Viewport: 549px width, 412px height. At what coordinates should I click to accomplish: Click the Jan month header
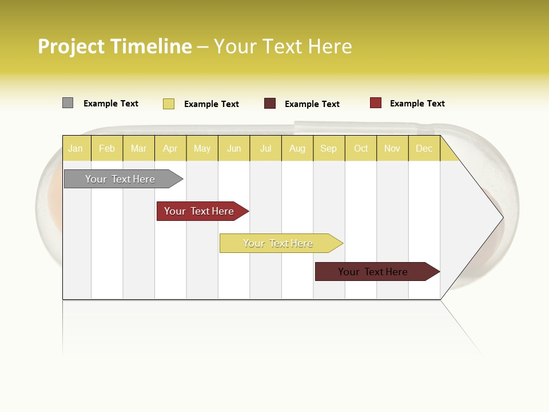point(75,149)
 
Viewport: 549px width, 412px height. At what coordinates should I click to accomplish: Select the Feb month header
point(107,149)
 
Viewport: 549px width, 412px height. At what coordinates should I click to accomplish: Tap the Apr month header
point(170,149)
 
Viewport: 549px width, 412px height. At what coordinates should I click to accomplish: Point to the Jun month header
point(234,149)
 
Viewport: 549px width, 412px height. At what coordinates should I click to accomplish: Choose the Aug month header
point(297,149)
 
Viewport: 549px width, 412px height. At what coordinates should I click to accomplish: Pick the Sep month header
point(328,149)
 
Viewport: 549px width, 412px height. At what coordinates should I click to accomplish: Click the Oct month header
point(361,149)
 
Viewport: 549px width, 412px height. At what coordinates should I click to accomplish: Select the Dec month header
point(424,149)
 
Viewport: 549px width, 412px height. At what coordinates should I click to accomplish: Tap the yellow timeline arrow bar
point(279,243)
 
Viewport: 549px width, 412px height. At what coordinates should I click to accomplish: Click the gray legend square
point(67,103)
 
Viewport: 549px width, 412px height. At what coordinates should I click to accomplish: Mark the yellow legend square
point(169,104)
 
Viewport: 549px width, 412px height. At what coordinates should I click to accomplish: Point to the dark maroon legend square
point(270,104)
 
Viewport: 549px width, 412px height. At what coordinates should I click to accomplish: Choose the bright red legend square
point(375,103)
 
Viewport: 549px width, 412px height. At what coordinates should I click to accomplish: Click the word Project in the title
point(72,46)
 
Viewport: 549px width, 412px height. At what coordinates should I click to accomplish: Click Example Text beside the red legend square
point(417,104)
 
